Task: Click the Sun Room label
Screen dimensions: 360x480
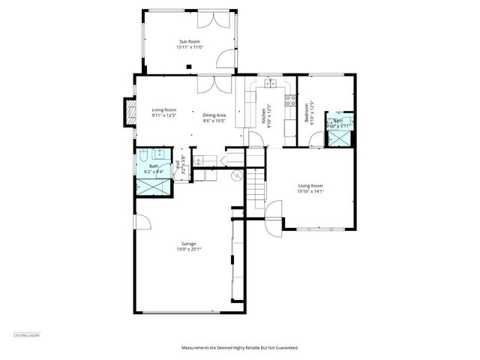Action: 190,44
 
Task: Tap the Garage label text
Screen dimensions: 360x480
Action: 190,247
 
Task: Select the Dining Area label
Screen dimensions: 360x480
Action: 214,117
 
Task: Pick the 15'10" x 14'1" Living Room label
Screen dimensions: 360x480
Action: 310,188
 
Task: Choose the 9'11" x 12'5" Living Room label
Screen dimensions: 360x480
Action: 163,113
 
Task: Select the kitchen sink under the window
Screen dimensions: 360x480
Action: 271,82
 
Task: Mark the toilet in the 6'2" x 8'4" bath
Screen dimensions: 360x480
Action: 143,160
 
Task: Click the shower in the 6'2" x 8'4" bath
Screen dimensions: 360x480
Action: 144,187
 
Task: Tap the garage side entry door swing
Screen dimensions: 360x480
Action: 141,222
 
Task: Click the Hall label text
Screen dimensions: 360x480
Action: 178,167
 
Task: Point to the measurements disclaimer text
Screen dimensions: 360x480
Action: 239,348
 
